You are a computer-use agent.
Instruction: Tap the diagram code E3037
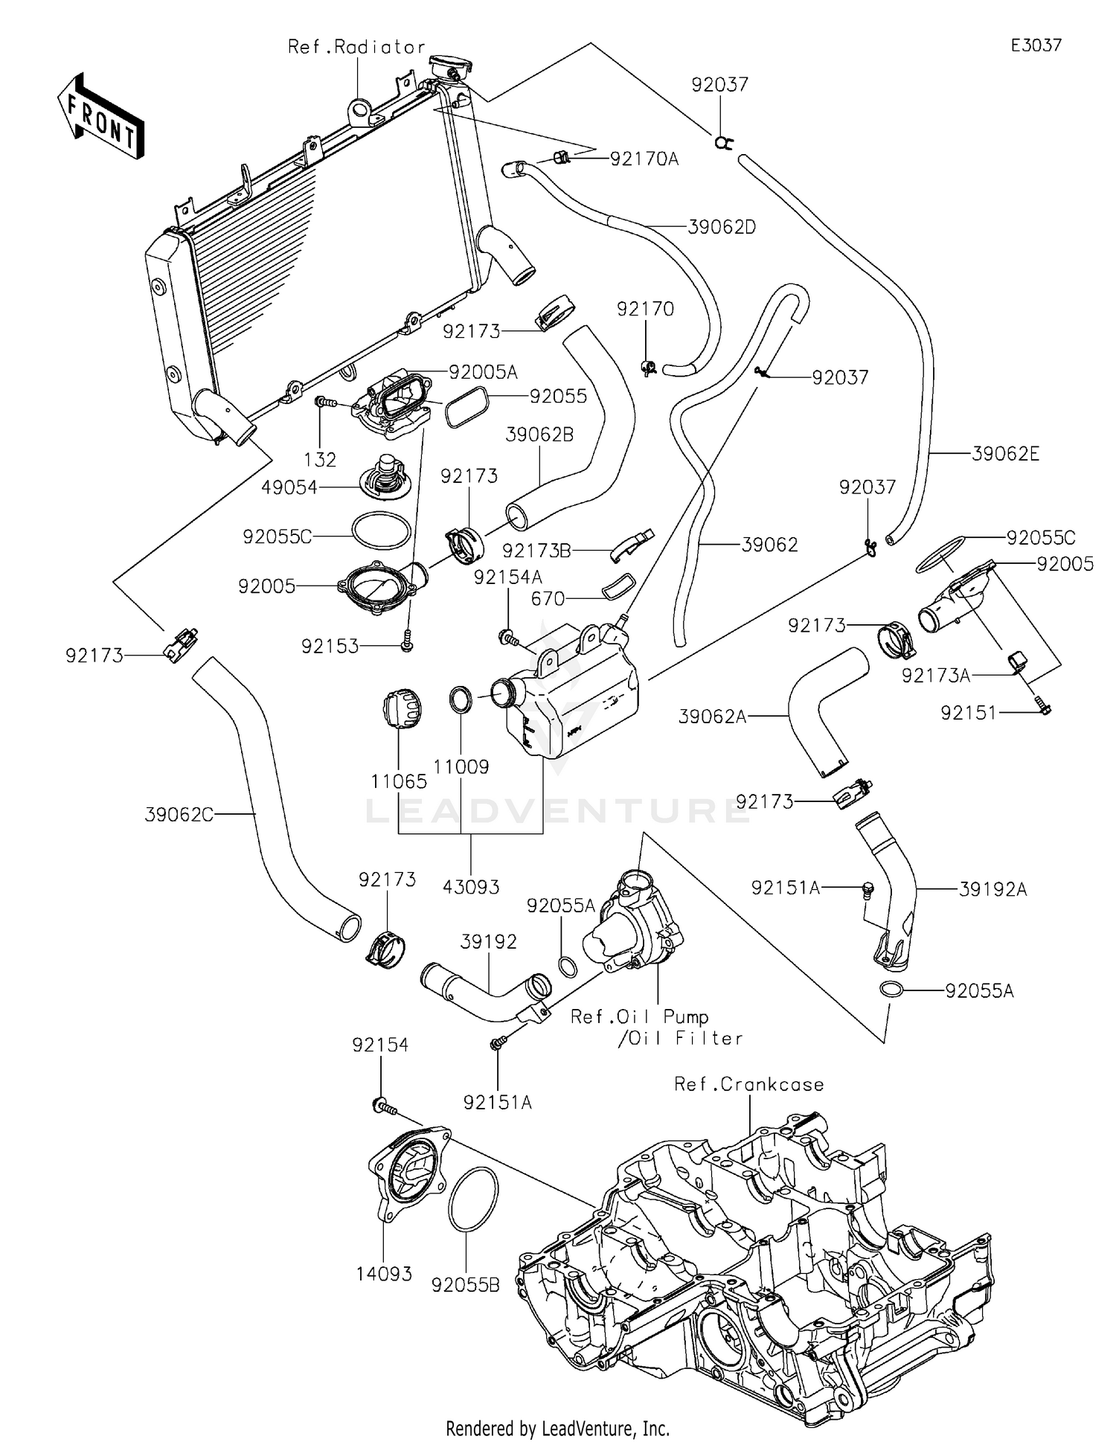coord(1036,45)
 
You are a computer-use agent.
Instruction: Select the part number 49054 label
coord(289,487)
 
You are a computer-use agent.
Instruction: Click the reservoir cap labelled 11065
coord(402,711)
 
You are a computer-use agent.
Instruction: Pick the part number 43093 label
coord(471,886)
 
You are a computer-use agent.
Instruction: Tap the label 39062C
coord(179,815)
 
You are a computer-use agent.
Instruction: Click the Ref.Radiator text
coord(356,47)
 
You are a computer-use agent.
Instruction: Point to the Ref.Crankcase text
coord(749,1084)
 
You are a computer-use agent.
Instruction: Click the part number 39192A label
coord(992,888)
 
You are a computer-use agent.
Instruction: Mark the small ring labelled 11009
coord(461,699)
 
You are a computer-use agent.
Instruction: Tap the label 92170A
coord(644,158)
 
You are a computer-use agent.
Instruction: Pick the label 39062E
coord(1005,453)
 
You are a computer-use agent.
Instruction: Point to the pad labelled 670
coord(617,586)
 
